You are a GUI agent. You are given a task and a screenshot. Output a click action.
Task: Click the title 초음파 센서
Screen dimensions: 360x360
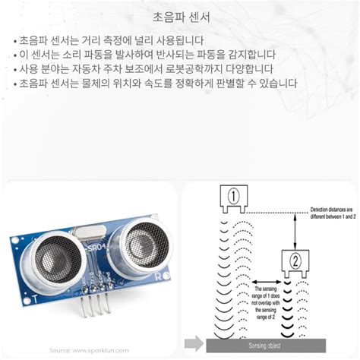point(179,16)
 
